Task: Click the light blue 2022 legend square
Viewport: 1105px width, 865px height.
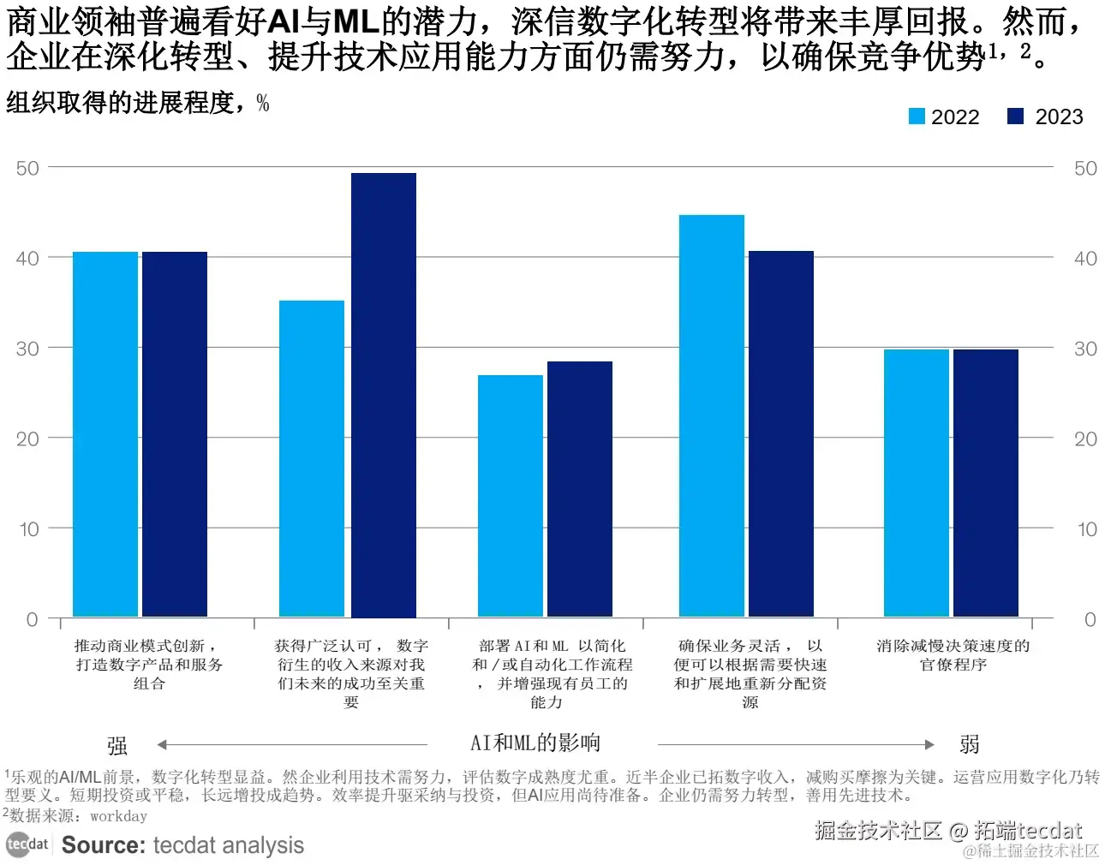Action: [x=917, y=116]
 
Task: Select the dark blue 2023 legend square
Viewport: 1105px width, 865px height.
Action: [x=1015, y=116]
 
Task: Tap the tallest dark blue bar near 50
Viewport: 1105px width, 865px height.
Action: [x=384, y=395]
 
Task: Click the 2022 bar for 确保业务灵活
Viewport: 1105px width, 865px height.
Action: [x=712, y=415]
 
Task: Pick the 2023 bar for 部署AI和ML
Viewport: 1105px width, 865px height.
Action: [x=580, y=489]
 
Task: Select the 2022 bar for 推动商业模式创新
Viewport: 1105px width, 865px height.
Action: [x=105, y=434]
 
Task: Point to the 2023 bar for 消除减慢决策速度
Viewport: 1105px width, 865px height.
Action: [x=986, y=483]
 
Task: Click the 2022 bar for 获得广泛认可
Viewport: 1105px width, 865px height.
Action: [x=312, y=459]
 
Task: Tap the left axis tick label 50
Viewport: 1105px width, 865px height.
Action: [x=27, y=168]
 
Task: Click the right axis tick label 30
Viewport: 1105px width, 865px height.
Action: [x=1085, y=349]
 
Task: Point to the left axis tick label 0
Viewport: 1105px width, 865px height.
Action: [x=32, y=619]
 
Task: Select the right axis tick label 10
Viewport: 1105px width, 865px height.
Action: [x=1087, y=529]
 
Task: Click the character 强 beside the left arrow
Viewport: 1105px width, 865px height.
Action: [x=117, y=746]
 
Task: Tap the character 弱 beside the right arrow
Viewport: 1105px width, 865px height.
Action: [x=970, y=744]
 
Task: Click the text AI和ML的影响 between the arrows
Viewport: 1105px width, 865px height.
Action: [x=535, y=743]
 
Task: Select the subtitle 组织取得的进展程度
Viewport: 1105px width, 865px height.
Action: [x=120, y=103]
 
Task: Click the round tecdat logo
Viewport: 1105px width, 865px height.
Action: [x=19, y=844]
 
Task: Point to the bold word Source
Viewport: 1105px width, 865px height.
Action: [x=104, y=845]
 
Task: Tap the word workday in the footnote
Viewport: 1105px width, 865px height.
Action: [x=118, y=816]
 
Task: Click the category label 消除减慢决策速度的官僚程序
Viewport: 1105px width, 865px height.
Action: [x=953, y=655]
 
